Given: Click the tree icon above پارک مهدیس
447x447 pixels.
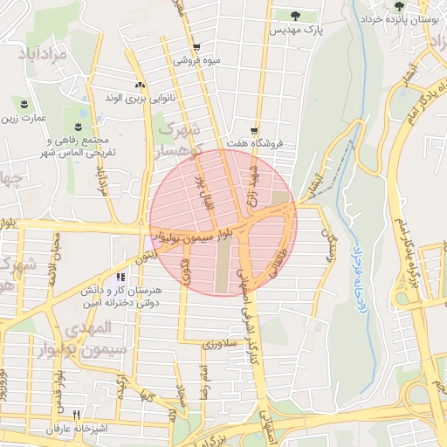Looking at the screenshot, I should [x=294, y=15].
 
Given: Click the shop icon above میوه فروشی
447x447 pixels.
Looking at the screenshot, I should [x=196, y=48].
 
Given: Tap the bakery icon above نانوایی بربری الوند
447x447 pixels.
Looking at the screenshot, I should [x=139, y=85].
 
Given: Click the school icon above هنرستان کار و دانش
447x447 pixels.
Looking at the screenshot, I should [x=133, y=277].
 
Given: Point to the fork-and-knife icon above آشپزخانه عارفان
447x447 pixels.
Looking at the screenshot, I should [x=77, y=416].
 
